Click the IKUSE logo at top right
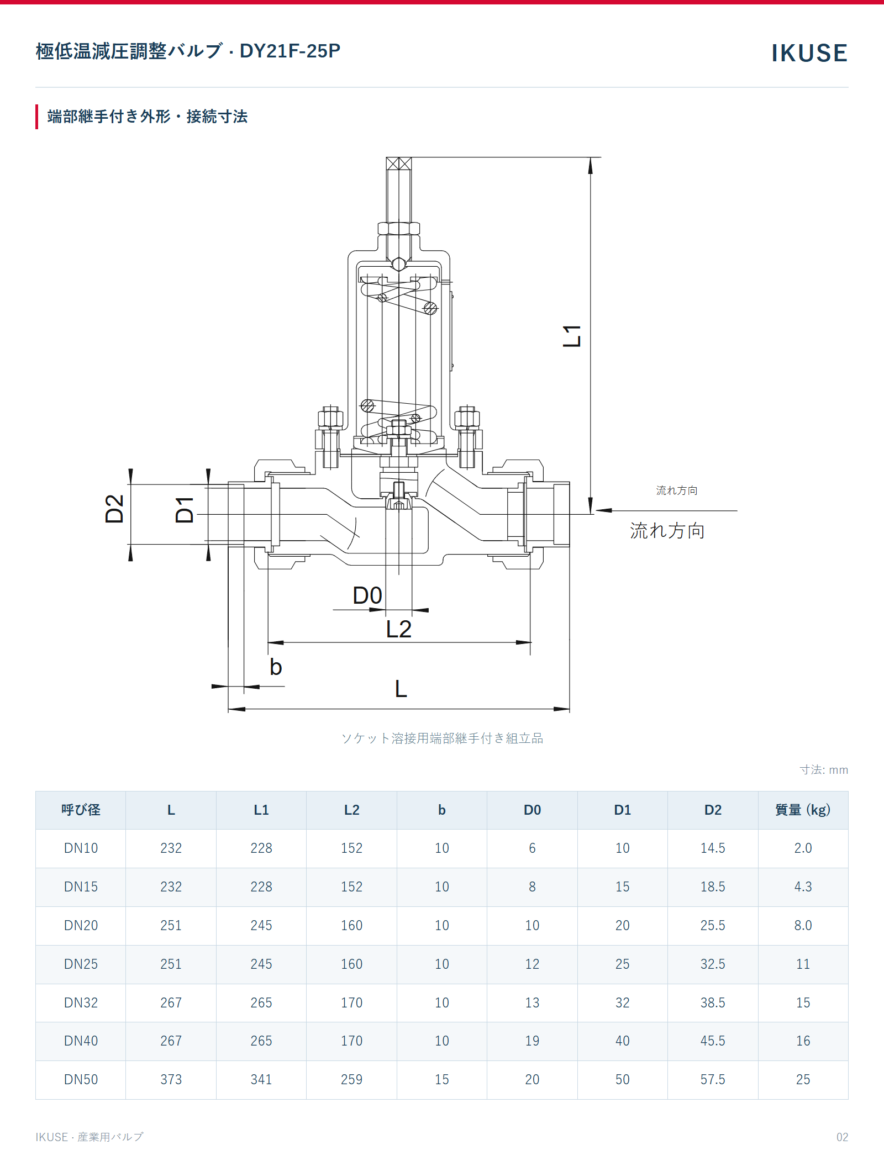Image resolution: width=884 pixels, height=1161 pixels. tap(809, 53)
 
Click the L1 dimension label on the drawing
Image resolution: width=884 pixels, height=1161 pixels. tap(572, 336)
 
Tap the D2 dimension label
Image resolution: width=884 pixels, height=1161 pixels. tap(114, 509)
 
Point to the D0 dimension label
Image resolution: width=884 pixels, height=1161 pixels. tap(367, 595)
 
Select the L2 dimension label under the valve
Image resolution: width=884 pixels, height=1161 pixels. tap(398, 629)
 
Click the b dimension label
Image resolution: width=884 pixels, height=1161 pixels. tap(276, 667)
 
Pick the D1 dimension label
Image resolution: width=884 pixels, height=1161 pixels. tap(185, 509)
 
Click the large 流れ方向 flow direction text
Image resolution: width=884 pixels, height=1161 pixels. tap(667, 531)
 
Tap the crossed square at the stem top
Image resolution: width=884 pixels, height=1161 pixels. tap(398, 163)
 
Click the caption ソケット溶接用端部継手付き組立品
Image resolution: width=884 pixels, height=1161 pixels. tap(442, 738)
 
